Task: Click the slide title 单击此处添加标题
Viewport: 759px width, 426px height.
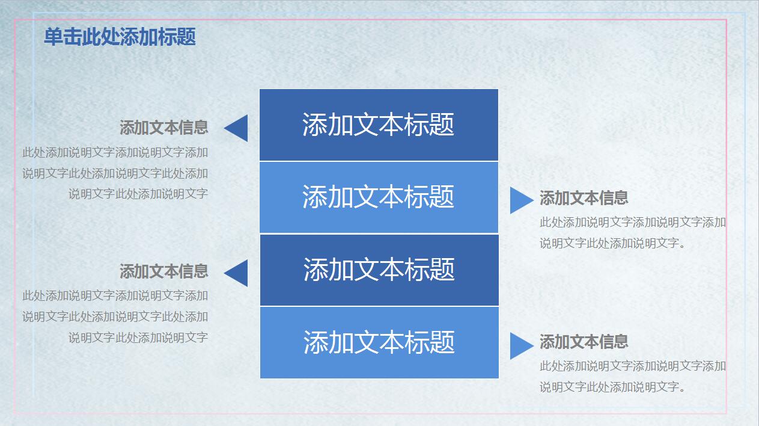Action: coord(120,37)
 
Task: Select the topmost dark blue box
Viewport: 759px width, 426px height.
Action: coord(379,125)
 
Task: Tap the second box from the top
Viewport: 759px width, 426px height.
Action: coord(379,197)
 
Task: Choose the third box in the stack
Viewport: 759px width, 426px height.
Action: coord(379,270)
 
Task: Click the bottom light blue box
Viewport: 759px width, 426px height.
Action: coord(379,342)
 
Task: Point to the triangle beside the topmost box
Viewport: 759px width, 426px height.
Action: coord(237,128)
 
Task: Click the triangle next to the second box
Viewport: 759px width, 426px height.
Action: coord(520,200)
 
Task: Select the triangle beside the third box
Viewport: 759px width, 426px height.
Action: coord(237,273)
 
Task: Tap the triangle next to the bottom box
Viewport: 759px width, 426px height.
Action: coord(520,345)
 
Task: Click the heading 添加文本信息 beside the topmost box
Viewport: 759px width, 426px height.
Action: coord(163,128)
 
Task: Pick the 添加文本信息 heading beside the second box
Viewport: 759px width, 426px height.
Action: coord(584,198)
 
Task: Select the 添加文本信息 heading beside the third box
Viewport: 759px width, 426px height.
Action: coord(163,271)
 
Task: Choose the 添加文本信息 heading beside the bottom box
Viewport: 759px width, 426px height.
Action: coord(584,342)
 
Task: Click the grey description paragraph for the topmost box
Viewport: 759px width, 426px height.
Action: coord(115,173)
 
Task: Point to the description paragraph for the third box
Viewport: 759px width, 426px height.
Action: coord(115,316)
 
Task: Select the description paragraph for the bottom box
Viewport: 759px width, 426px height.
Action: coord(632,376)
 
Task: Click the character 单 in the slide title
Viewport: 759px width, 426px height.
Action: coord(53,37)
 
